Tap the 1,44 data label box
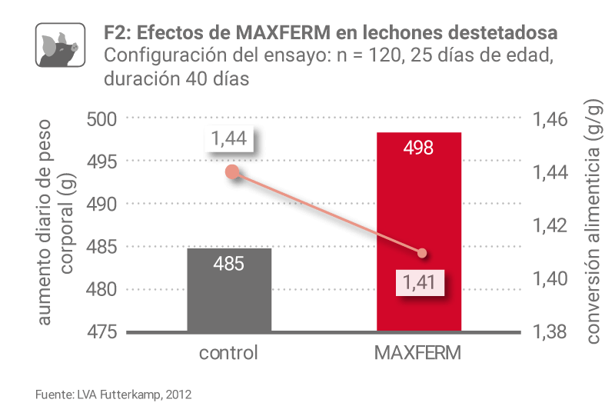229,138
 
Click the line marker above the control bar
231,171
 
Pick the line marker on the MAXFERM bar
421,253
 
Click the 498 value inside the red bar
419,147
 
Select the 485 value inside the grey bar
229,264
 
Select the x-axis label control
228,354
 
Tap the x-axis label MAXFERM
419,354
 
